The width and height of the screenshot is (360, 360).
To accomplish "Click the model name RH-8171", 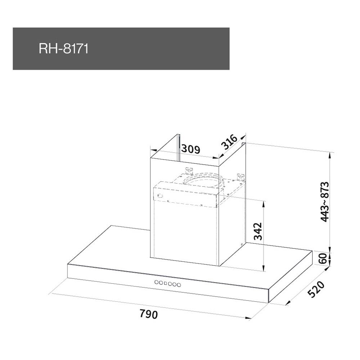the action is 64,49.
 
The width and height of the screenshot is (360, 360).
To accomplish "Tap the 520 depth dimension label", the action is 316,289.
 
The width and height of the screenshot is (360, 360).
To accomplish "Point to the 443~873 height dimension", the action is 325,202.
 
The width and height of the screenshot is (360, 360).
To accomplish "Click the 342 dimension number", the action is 258,231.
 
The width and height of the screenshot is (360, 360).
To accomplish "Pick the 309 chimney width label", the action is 191,149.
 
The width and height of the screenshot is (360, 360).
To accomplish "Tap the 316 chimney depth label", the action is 229,142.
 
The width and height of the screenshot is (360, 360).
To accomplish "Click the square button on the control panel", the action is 166,283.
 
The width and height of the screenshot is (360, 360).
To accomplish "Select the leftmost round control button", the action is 157,282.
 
